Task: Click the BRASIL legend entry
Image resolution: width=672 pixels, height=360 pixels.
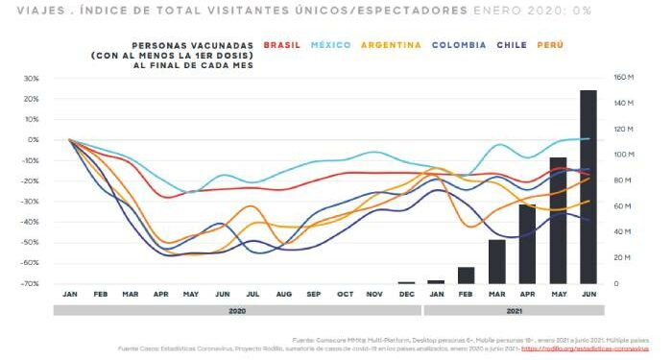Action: (x=282, y=45)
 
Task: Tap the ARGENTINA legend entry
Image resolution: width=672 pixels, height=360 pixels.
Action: (x=392, y=45)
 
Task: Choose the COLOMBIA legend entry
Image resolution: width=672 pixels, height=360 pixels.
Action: (x=461, y=45)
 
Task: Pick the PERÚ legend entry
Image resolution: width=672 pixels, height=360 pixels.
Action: (x=550, y=45)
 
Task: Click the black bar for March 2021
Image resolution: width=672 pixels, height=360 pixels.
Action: (x=496, y=262)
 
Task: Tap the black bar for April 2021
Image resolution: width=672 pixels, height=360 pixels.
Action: (x=527, y=244)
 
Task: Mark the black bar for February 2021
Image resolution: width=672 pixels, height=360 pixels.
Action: (x=466, y=276)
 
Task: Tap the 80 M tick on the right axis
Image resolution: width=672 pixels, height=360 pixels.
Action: (x=622, y=180)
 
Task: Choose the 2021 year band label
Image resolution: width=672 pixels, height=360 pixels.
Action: (x=514, y=311)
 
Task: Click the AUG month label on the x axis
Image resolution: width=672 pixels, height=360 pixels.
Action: (x=284, y=294)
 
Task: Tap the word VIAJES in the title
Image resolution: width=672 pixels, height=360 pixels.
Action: (x=27, y=10)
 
